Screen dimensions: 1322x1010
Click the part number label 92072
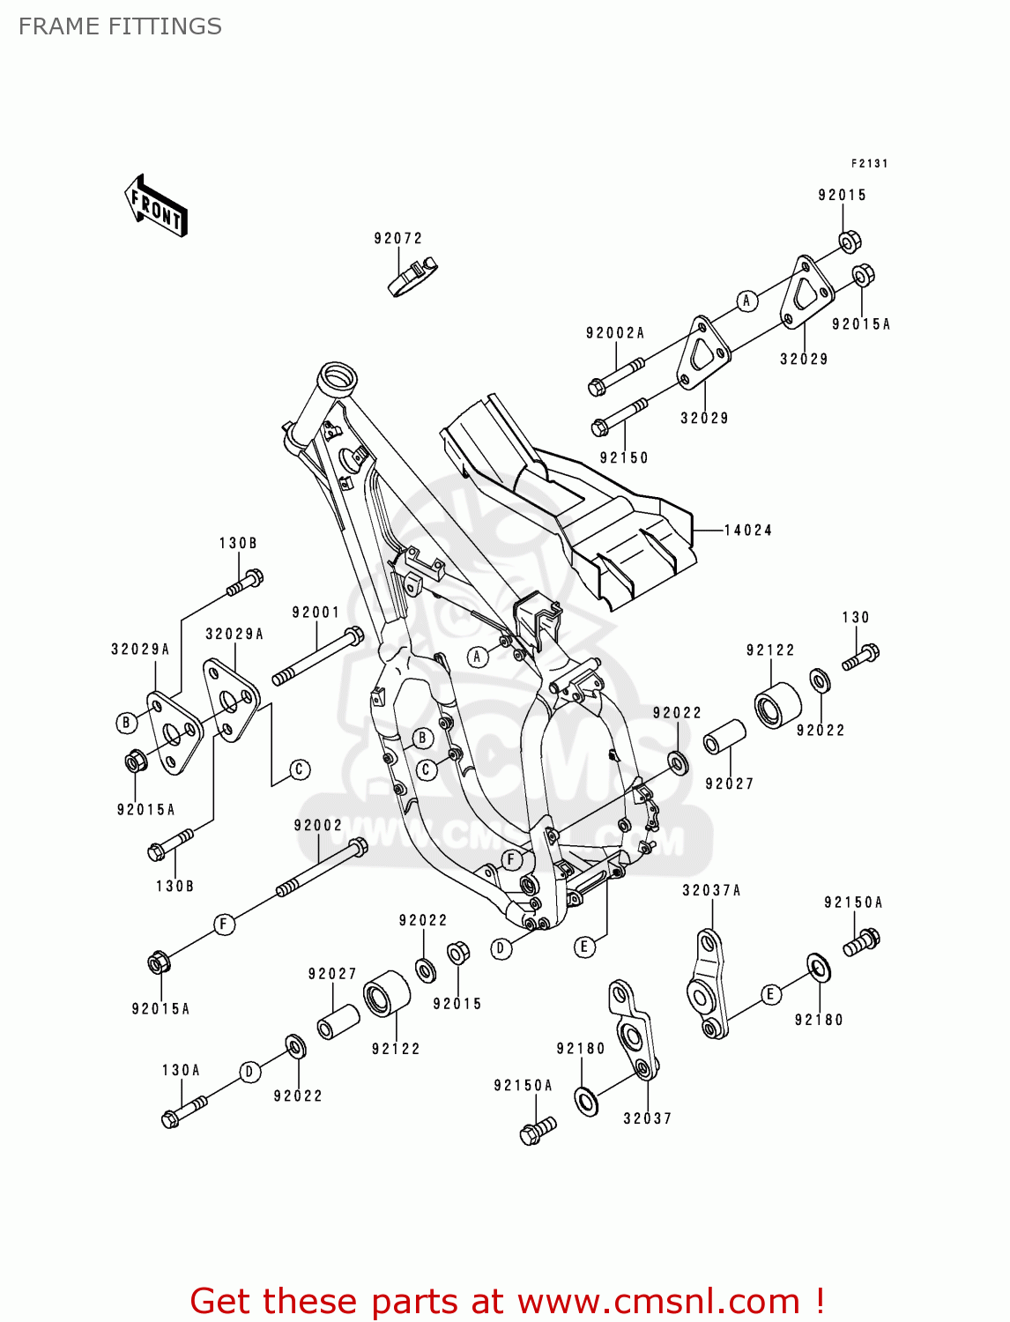click(398, 238)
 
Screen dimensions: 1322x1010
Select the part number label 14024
click(748, 530)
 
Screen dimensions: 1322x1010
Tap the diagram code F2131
click(869, 163)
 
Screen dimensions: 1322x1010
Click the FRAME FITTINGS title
click(120, 26)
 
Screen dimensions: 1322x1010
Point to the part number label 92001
click(316, 613)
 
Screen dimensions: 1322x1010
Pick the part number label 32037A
click(711, 890)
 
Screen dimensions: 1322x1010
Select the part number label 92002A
click(615, 333)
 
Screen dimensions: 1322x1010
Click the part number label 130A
click(181, 1070)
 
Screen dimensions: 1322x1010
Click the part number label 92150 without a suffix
click(624, 457)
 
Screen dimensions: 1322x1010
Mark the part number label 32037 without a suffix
click(647, 1118)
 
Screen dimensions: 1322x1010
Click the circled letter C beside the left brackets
click(300, 769)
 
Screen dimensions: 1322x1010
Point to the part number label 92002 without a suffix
click(318, 825)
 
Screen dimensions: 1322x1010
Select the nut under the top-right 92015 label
click(848, 241)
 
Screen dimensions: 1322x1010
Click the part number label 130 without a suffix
click(855, 617)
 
